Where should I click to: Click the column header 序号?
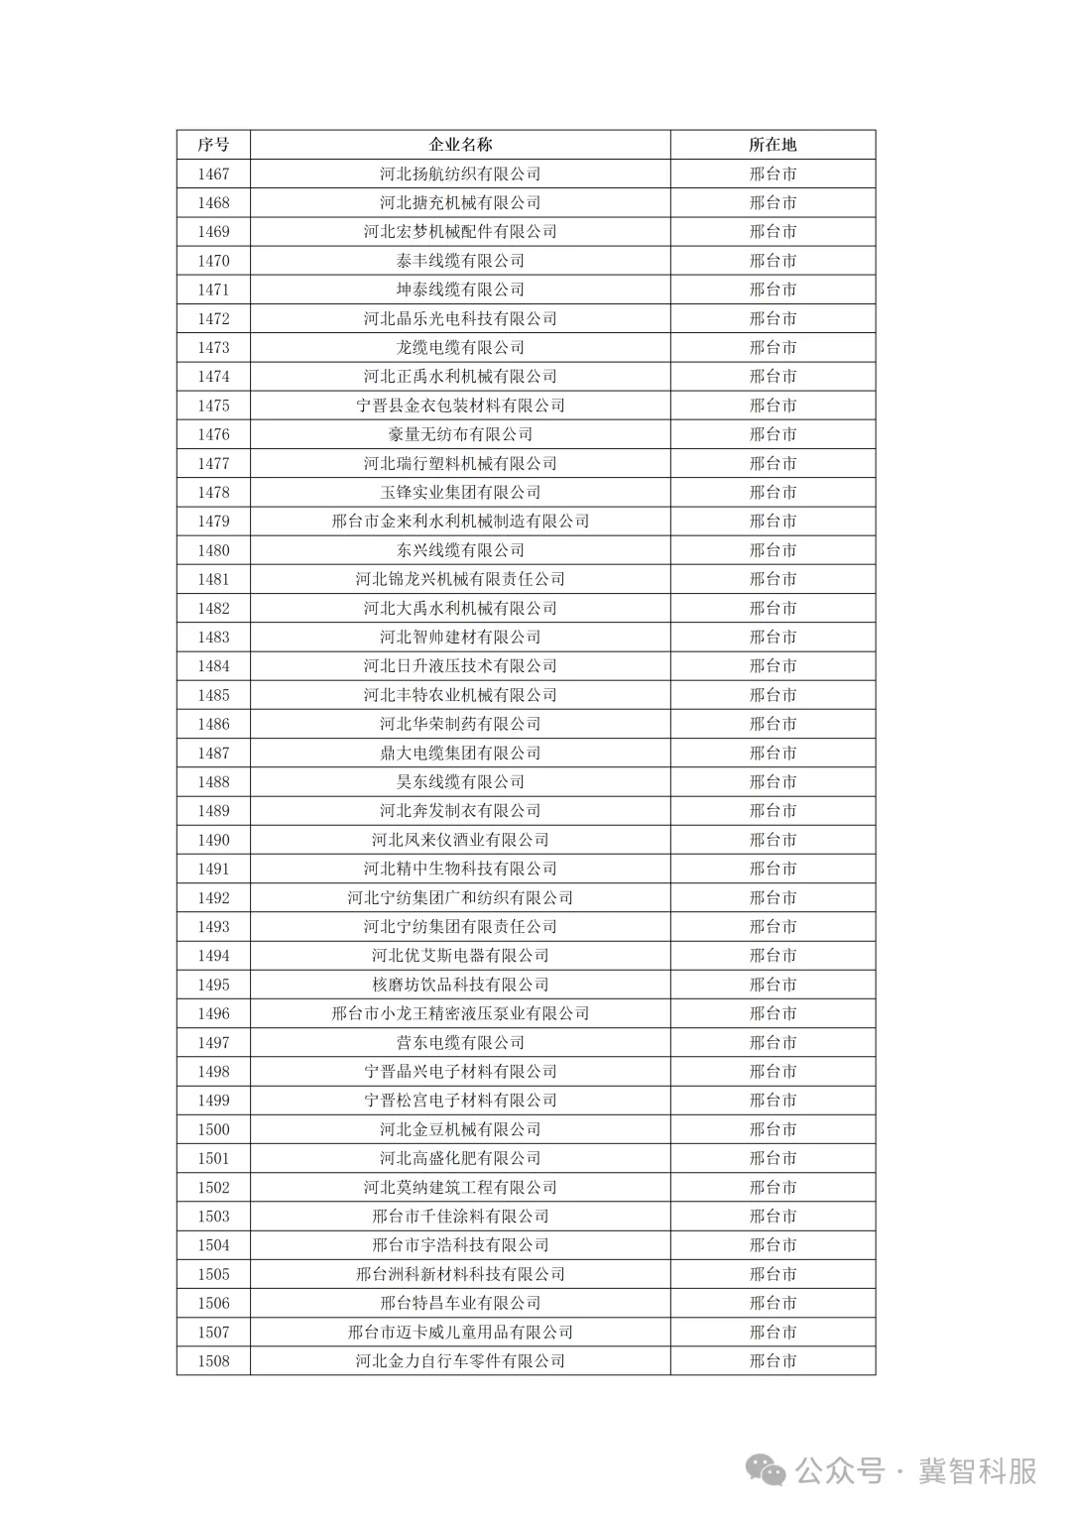(x=213, y=145)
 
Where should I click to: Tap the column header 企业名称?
(x=460, y=145)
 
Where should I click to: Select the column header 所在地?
(x=773, y=145)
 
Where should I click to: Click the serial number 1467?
(x=213, y=174)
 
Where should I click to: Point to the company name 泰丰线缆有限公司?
(x=460, y=261)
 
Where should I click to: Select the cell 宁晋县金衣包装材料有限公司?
(x=460, y=406)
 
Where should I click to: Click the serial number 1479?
(x=213, y=522)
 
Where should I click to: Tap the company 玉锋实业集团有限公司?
(x=460, y=493)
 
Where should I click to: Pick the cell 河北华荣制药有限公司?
(x=460, y=724)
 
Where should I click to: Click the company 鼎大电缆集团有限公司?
(x=460, y=753)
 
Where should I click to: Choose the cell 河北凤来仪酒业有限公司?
(x=460, y=840)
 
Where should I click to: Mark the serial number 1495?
(x=213, y=985)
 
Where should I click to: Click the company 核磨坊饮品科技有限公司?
(x=460, y=985)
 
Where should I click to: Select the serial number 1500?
(x=213, y=1129)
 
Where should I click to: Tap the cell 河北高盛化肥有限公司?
(x=460, y=1158)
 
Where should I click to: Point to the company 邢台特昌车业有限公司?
(x=460, y=1303)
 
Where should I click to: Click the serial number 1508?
(x=213, y=1361)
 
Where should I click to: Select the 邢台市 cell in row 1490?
(x=773, y=840)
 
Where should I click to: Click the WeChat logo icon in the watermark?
(x=767, y=1470)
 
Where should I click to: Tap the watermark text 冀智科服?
(x=977, y=1471)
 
